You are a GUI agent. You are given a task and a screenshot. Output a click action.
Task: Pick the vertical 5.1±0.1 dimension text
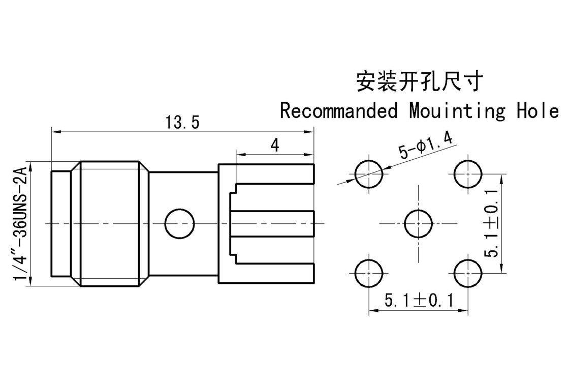(x=492, y=223)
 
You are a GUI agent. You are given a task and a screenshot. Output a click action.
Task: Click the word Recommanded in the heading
(x=339, y=110)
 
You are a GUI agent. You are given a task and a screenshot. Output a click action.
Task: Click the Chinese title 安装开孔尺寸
(x=418, y=81)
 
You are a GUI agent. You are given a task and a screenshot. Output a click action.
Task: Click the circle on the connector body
(x=180, y=223)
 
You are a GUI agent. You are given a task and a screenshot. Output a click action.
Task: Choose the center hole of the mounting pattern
(x=418, y=223)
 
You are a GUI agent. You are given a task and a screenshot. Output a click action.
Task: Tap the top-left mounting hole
(x=369, y=174)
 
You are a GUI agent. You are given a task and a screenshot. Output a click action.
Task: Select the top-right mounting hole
(x=467, y=174)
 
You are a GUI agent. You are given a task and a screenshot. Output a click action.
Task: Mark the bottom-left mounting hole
(x=369, y=273)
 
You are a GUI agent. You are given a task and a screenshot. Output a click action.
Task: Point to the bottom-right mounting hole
(x=467, y=273)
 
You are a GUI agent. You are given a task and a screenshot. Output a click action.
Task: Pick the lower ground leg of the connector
(x=274, y=274)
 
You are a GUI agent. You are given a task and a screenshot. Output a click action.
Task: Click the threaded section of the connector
(x=109, y=223)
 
